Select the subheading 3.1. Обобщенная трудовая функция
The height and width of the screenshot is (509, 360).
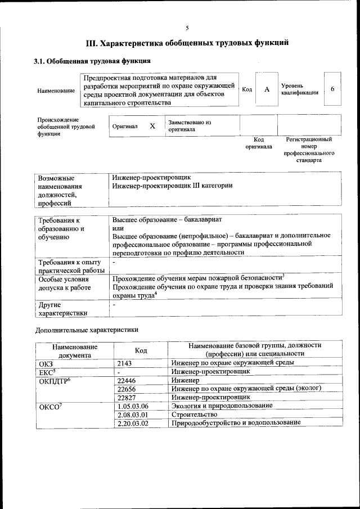click(x=92, y=61)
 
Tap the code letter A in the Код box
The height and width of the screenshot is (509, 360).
click(x=267, y=89)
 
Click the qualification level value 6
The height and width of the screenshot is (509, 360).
click(x=332, y=89)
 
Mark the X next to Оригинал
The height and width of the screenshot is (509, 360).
click(x=152, y=126)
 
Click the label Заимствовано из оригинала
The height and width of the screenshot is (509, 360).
click(x=189, y=125)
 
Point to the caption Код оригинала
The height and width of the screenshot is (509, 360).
click(x=259, y=143)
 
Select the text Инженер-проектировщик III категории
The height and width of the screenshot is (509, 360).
click(x=172, y=185)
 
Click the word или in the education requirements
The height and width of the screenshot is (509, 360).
click(x=118, y=228)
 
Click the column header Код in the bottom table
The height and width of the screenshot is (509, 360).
click(x=141, y=350)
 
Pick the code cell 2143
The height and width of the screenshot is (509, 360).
click(x=124, y=363)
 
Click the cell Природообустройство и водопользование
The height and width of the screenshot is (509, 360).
click(x=236, y=422)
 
